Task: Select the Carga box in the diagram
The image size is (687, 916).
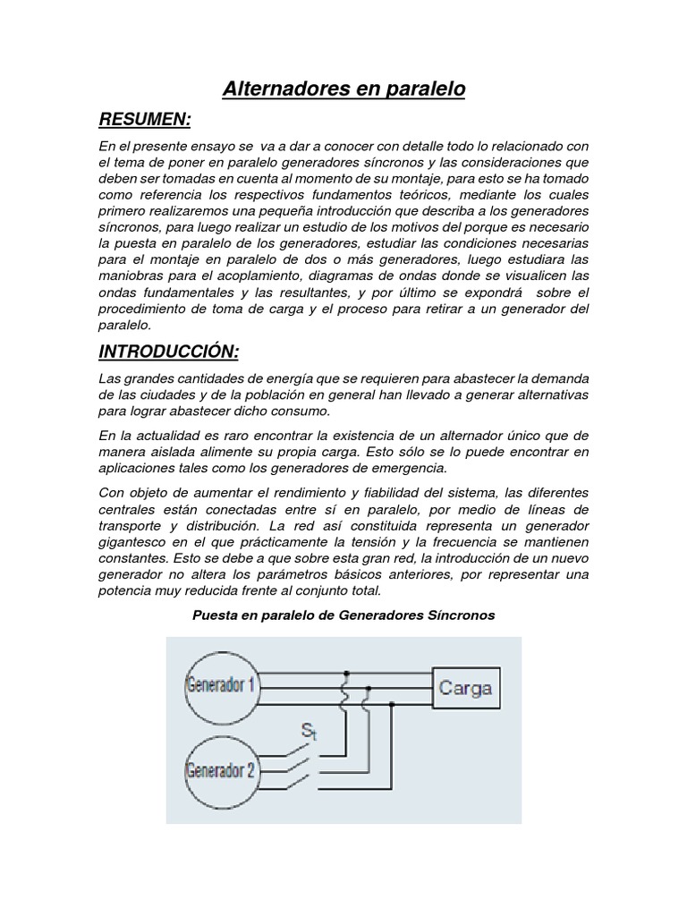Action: (x=465, y=689)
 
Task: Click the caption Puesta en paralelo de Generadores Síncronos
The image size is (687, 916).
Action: (x=343, y=615)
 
